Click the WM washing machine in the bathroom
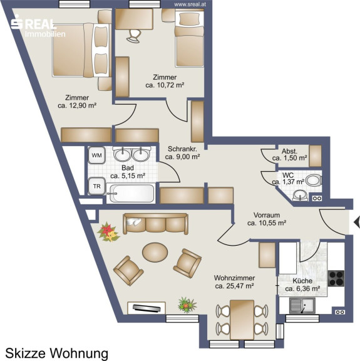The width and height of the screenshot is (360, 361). click(x=96, y=155)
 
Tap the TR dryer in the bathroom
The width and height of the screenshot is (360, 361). click(x=96, y=186)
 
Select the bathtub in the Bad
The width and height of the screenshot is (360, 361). click(x=131, y=194)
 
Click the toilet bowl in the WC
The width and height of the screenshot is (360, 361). click(x=314, y=180)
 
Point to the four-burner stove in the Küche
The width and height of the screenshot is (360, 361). click(x=336, y=278)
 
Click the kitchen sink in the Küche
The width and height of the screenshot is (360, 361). click(x=302, y=305)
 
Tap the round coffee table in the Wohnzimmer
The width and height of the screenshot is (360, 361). click(x=155, y=252)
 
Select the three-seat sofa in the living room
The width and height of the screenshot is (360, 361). click(x=156, y=224)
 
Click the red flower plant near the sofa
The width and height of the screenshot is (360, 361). click(x=108, y=232)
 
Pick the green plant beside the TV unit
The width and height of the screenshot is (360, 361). click(x=187, y=305)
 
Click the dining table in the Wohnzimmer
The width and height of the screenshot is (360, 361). click(x=242, y=320)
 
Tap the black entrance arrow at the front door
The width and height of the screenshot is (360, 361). click(x=357, y=222)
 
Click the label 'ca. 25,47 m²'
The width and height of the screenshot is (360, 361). click(x=234, y=286)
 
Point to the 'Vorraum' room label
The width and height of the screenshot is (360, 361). click(x=267, y=215)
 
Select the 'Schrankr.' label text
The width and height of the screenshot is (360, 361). click(x=182, y=149)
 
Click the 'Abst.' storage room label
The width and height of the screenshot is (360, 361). click(x=290, y=151)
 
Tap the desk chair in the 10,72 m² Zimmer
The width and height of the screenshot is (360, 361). click(x=134, y=36)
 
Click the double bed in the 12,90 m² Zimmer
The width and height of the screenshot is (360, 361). click(x=82, y=50)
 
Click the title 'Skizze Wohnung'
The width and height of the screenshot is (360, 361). click(x=56, y=353)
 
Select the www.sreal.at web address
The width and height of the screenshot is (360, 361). click(x=190, y=4)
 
